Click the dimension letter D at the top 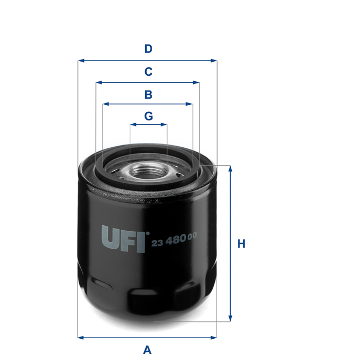click(148, 49)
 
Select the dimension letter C click(148, 71)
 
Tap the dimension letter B click(148, 94)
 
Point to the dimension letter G click(148, 116)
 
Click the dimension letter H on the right click(241, 244)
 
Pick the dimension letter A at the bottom click(147, 349)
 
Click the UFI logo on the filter click(123, 239)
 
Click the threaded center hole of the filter click(148, 171)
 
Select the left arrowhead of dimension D click(81, 61)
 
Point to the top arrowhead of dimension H click(230, 169)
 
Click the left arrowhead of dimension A click(81, 337)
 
